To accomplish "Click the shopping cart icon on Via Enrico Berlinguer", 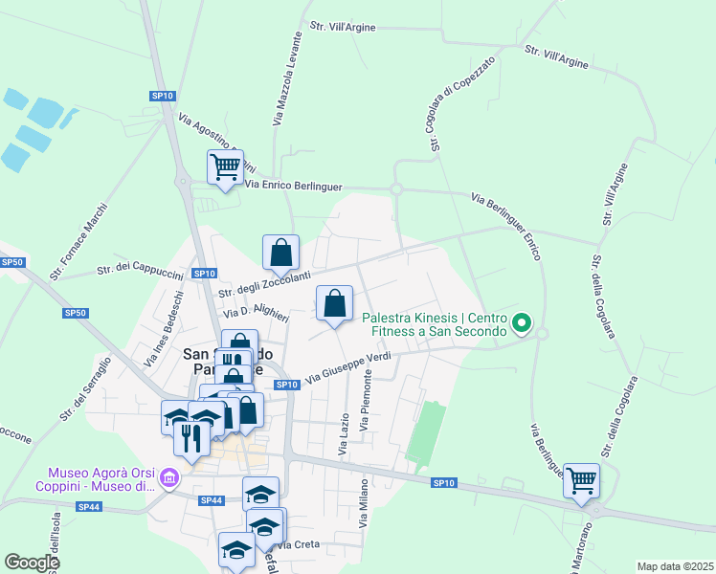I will [x=225, y=167].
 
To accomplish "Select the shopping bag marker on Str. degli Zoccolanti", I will [x=280, y=254].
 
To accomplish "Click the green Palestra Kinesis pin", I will [x=522, y=324].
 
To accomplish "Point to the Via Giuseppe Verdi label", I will [x=348, y=368].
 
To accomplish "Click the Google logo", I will [x=32, y=562].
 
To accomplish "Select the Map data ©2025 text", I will [x=675, y=566].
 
